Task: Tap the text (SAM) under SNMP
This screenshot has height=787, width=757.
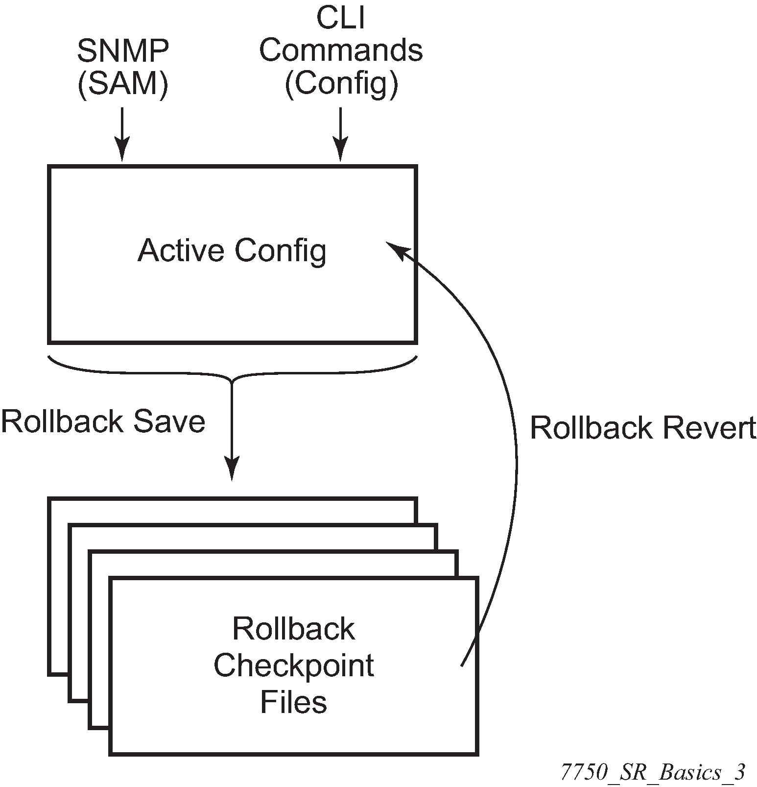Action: (123, 85)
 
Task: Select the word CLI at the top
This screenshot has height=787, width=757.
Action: (341, 18)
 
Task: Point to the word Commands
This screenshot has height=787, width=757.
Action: (341, 50)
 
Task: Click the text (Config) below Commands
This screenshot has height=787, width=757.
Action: (341, 84)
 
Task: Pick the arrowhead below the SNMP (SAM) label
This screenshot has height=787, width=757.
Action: (122, 149)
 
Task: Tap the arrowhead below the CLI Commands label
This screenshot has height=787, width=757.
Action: (340, 149)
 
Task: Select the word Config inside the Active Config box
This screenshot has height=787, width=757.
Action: (281, 251)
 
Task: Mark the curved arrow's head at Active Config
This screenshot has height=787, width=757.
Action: (396, 248)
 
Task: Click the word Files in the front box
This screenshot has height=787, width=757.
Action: (293, 702)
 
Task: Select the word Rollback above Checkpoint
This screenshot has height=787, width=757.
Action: (293, 629)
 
